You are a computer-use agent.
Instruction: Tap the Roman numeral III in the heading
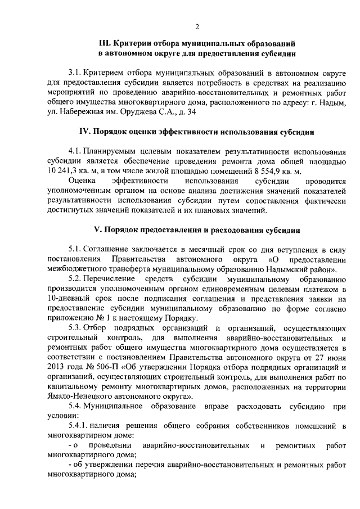tap(105, 43)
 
